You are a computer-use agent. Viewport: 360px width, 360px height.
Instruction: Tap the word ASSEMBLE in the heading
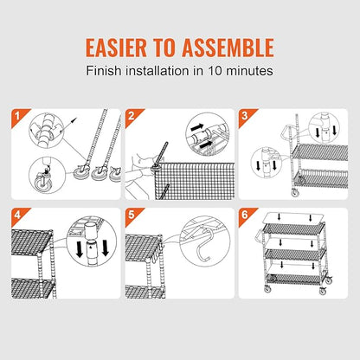coord(228,48)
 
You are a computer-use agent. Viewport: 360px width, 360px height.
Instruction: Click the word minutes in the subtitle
coord(249,71)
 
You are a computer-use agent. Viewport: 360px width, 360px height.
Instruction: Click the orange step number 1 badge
coord(18,116)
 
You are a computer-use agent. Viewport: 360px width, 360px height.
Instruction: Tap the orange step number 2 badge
coord(132,116)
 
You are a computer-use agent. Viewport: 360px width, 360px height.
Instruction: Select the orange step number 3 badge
coord(246,116)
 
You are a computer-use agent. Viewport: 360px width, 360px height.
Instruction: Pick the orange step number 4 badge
coord(18,215)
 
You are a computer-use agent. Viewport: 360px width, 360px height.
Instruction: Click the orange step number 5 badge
coord(132,215)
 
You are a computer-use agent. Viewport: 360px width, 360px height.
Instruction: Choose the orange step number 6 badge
coord(246,215)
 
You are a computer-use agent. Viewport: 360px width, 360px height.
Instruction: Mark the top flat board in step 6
coord(293,218)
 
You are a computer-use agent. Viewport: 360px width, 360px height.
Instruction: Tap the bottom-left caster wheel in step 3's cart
coord(295,192)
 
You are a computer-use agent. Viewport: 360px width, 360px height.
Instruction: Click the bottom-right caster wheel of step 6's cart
coord(323,291)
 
